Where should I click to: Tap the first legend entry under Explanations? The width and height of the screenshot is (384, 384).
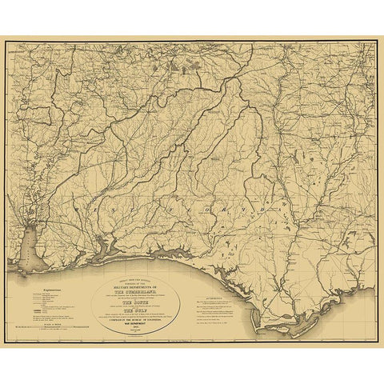[44, 289]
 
